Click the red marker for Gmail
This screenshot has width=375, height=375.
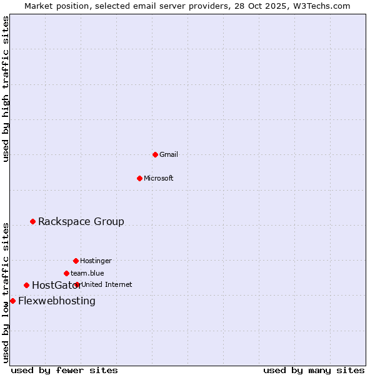click(155, 154)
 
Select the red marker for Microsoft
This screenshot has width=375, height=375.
click(140, 178)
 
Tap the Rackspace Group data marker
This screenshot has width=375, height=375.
click(32, 221)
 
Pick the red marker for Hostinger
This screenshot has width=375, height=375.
click(76, 261)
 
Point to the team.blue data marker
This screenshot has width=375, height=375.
click(66, 273)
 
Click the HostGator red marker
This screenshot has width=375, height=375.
click(26, 285)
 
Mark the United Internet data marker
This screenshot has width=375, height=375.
click(77, 284)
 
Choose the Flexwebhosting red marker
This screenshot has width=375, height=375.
click(12, 301)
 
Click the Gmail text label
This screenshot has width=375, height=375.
click(169, 154)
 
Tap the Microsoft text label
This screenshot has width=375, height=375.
click(159, 178)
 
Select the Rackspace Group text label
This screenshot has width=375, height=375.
click(81, 221)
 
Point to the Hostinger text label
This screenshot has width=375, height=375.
click(96, 261)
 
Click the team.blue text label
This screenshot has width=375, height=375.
click(87, 273)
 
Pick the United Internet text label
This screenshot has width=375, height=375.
click(107, 284)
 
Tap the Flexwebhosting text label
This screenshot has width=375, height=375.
click(57, 301)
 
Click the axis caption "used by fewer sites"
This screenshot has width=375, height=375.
click(64, 370)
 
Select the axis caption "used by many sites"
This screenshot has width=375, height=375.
click(314, 370)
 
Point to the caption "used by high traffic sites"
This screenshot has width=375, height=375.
click(6, 89)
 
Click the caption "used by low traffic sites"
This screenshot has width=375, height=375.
click(6, 292)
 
